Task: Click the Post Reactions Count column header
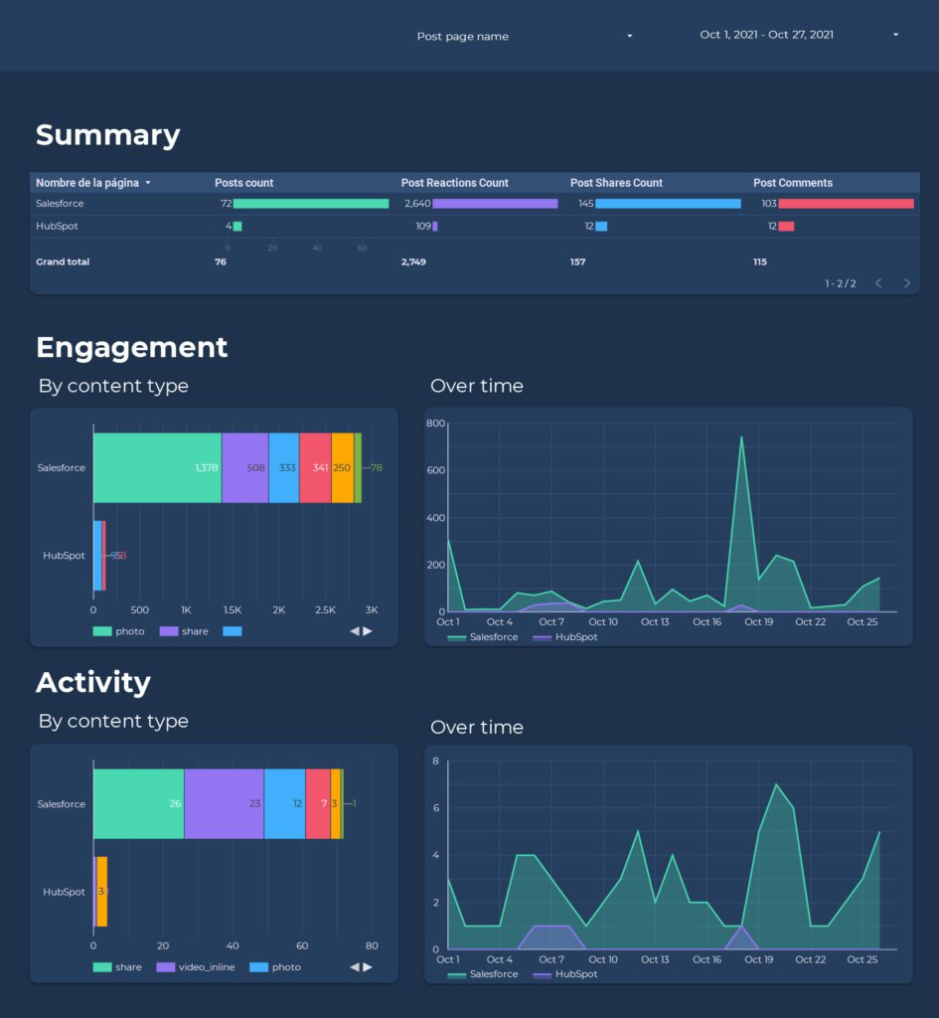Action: pyautogui.click(x=454, y=183)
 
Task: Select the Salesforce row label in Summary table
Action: pyautogui.click(x=60, y=204)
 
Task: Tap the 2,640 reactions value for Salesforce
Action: pyautogui.click(x=416, y=204)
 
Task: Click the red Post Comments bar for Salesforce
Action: pyautogui.click(x=846, y=204)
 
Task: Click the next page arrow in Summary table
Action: pyautogui.click(x=906, y=283)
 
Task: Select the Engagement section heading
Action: pyautogui.click(x=131, y=347)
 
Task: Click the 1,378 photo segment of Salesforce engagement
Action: pyautogui.click(x=157, y=467)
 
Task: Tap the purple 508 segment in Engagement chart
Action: pyautogui.click(x=244, y=467)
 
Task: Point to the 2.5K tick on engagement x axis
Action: pyautogui.click(x=325, y=609)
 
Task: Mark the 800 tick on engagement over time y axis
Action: pyautogui.click(x=434, y=424)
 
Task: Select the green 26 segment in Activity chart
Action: pyautogui.click(x=138, y=803)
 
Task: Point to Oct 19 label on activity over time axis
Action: pyautogui.click(x=759, y=959)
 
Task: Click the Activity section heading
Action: pyautogui.click(x=92, y=682)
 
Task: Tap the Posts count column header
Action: pyautogui.click(x=243, y=183)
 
